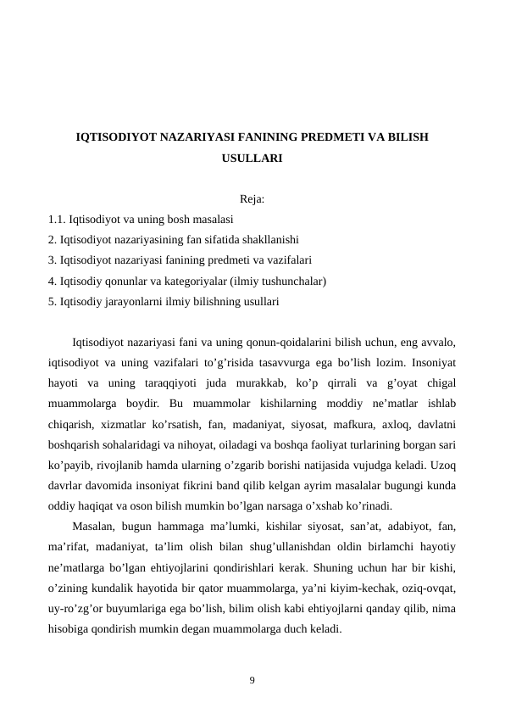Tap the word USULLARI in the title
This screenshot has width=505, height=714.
point(252,158)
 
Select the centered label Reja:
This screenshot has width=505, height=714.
point(252,200)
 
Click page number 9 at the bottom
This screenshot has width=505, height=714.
point(252,679)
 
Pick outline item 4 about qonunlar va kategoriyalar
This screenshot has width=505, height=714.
point(187,281)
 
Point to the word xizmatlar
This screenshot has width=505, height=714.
point(122,424)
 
